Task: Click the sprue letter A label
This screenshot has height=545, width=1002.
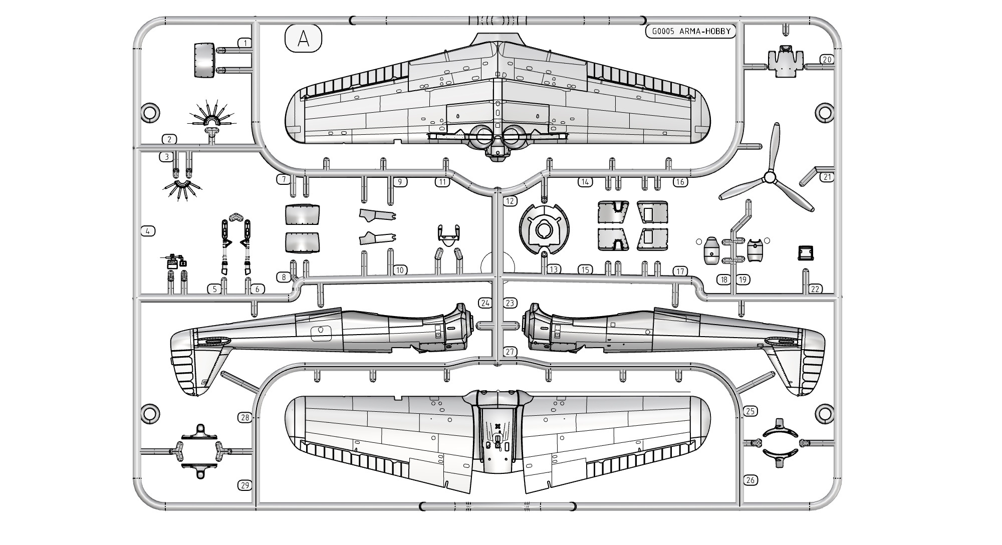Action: (303, 39)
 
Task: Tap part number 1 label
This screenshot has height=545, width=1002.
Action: (245, 43)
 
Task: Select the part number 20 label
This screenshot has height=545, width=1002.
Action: (827, 60)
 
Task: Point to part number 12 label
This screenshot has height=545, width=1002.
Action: (510, 201)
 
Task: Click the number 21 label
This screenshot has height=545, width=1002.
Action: (827, 177)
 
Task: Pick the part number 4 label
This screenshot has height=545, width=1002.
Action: (148, 231)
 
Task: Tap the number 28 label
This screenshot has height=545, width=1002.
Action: (245, 417)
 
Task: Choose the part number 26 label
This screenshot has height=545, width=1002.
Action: (750, 480)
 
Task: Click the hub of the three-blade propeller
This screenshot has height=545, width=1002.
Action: (770, 177)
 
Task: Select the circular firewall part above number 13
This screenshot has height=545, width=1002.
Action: (544, 231)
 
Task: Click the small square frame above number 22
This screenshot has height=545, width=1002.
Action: (806, 252)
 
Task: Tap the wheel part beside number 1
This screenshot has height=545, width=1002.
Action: (204, 61)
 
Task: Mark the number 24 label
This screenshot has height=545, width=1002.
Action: (485, 303)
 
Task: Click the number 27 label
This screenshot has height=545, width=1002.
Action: (510, 352)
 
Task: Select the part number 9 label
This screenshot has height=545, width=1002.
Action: (399, 182)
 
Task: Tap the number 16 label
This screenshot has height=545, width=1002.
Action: (680, 182)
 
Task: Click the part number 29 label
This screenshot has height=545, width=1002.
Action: (245, 485)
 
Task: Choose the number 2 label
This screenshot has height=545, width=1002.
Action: (170, 139)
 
